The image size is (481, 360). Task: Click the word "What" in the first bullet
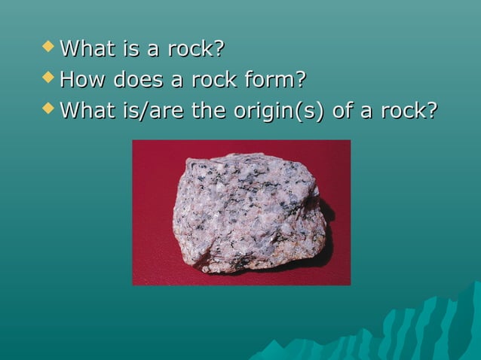point(84,49)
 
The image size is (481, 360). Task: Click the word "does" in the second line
point(137,80)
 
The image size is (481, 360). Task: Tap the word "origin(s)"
point(278,111)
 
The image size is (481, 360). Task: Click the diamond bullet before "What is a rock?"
point(50,47)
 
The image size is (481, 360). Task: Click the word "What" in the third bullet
point(84,111)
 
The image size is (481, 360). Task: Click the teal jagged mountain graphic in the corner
point(407,331)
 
